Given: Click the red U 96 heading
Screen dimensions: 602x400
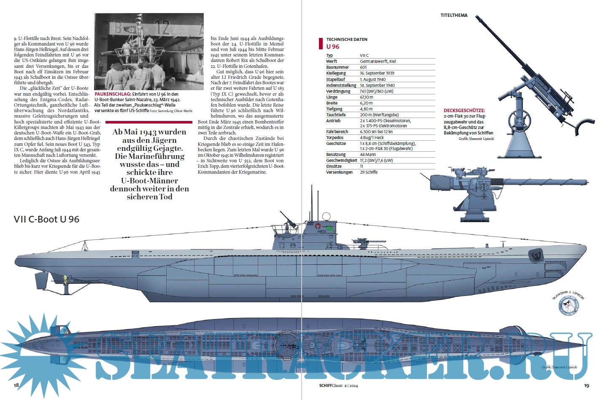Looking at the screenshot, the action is click(x=333, y=46).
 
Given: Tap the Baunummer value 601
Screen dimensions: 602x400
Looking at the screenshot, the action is click(x=363, y=67).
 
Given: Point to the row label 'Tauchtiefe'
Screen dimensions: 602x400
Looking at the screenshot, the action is click(x=336, y=115).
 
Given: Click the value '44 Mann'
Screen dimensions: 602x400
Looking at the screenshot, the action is click(x=368, y=154).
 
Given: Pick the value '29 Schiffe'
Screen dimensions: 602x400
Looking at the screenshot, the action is click(x=369, y=172).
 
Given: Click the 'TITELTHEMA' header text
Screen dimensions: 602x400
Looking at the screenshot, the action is click(x=454, y=15).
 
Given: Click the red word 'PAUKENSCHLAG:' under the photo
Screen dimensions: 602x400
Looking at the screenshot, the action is click(x=113, y=94).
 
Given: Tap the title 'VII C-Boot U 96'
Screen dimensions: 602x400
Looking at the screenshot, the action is click(x=46, y=219).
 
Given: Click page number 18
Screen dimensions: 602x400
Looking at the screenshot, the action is click(x=16, y=385).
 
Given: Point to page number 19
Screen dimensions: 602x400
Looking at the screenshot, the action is click(x=586, y=386).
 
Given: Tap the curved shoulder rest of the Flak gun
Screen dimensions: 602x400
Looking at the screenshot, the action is click(x=585, y=126).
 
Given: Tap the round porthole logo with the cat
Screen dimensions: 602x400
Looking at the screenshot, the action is click(x=568, y=305).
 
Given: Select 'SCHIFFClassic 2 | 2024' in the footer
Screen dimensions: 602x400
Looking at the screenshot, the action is click(x=338, y=386).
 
